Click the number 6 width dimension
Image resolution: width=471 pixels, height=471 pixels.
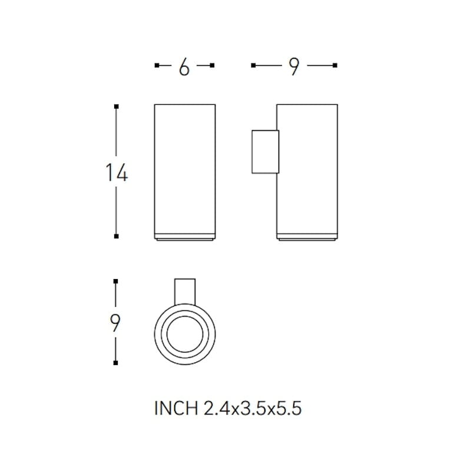[184, 68]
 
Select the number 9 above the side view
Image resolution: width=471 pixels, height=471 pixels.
[294, 68]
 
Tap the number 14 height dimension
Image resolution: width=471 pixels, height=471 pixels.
[117, 173]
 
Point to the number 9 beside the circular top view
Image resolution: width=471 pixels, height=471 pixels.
[116, 323]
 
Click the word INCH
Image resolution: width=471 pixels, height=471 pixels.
[176, 409]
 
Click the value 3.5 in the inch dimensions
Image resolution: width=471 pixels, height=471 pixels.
[253, 409]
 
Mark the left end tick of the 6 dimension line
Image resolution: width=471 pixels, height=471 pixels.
[156, 66]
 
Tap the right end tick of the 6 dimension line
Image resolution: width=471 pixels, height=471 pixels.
[213, 66]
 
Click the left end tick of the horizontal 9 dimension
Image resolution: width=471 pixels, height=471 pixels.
[253, 66]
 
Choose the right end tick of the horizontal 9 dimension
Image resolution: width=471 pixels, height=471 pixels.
[335, 66]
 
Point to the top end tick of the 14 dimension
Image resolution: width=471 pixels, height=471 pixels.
[117, 106]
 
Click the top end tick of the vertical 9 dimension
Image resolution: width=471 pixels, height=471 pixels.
[117, 281]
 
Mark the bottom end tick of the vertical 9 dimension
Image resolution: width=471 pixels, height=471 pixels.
[117, 364]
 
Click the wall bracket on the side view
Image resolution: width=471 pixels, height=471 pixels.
[264, 151]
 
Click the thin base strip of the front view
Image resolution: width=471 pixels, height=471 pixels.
[184, 238]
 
